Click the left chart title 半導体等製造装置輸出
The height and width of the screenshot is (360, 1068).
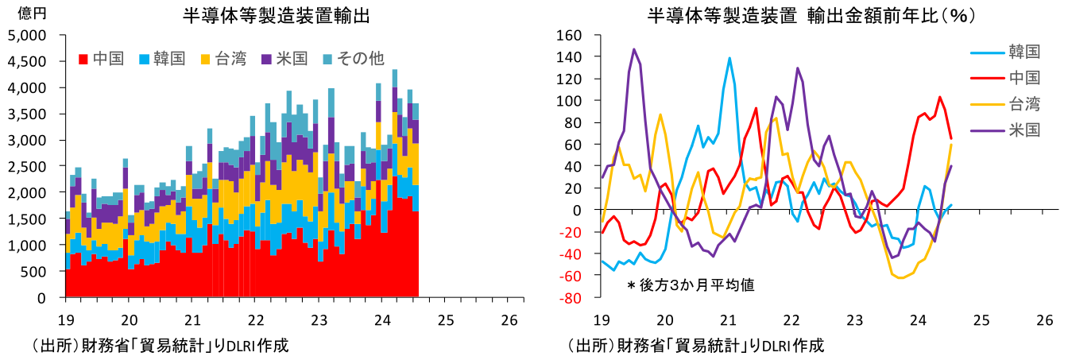(x=277, y=15)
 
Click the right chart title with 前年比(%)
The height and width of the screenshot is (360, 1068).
(x=811, y=15)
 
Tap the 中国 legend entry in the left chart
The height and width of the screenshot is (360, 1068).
(x=102, y=58)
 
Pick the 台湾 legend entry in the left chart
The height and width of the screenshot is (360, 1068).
(x=223, y=58)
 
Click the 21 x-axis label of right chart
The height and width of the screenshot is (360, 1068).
(x=727, y=319)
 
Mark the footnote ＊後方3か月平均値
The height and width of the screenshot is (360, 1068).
(x=690, y=284)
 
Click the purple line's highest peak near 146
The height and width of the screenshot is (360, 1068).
(x=633, y=49)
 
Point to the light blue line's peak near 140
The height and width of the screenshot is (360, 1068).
(x=729, y=58)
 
